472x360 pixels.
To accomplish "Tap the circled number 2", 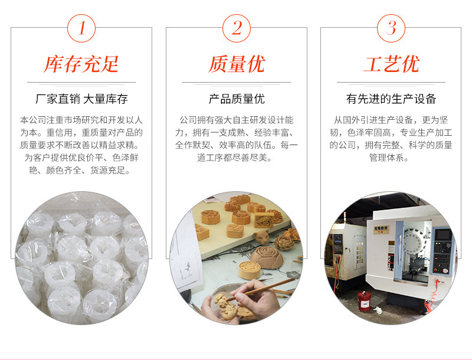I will [x=237, y=28].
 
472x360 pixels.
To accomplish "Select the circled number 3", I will [x=391, y=28].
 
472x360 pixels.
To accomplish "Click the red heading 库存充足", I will [x=81, y=64].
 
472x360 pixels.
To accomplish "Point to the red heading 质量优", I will [x=237, y=64].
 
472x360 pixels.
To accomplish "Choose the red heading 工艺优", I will [x=391, y=64].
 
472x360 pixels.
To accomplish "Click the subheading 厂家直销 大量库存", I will [x=81, y=99].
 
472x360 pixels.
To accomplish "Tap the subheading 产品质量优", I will [x=237, y=99].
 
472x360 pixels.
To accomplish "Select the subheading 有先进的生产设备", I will [x=391, y=99].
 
